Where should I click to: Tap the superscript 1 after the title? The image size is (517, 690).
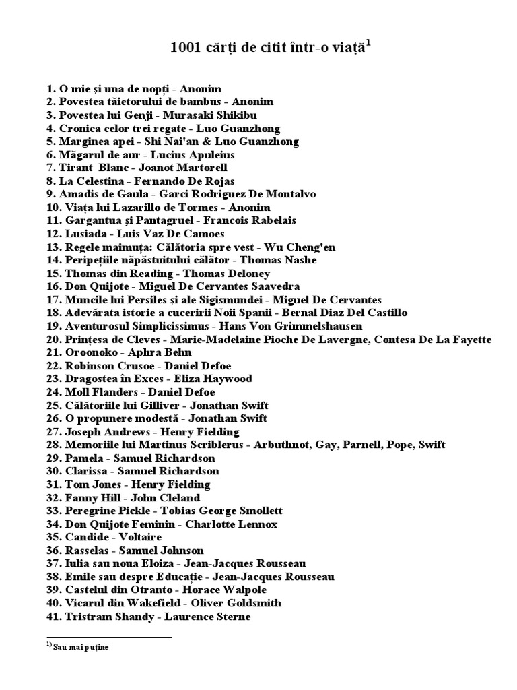369,44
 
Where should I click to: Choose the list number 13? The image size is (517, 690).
53,247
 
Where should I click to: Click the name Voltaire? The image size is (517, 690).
140,537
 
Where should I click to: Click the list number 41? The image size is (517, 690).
53,617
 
